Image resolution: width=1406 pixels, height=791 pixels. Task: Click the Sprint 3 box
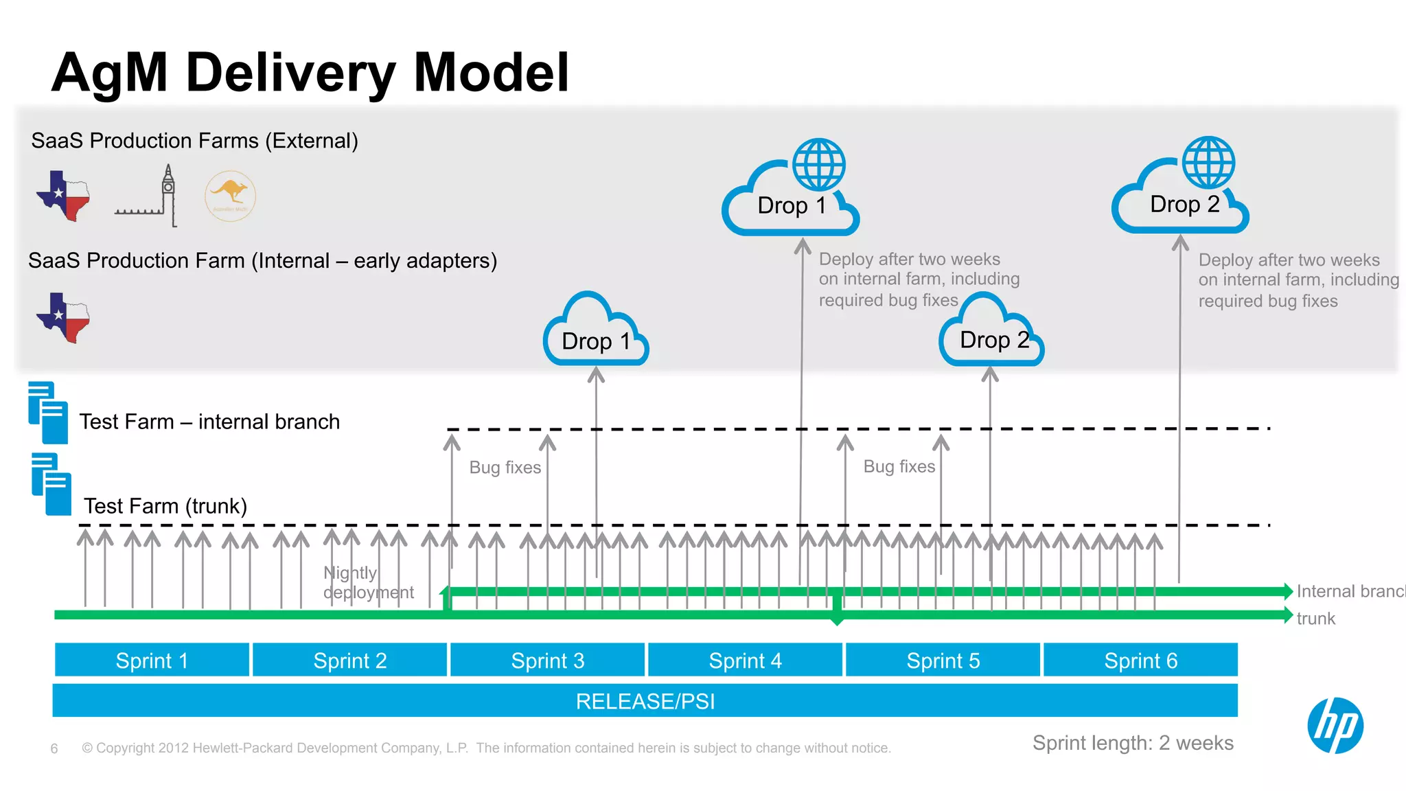[547, 660]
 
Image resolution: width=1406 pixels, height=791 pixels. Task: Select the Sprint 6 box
[1140, 660]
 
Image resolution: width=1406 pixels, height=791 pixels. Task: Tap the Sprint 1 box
[152, 660]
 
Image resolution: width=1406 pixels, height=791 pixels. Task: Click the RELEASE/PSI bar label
[645, 701]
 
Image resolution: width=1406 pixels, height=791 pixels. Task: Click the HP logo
[1335, 725]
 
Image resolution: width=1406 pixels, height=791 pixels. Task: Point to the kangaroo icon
[230, 195]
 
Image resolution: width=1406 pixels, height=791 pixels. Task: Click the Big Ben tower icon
[168, 195]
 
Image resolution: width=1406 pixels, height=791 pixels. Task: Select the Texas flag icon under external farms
[63, 195]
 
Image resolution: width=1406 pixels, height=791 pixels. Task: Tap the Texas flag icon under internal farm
[63, 317]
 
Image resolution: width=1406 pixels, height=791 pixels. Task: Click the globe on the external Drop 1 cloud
[818, 164]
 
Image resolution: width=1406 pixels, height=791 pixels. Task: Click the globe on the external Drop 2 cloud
[1208, 162]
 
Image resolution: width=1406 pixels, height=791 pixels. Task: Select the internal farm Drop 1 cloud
[595, 333]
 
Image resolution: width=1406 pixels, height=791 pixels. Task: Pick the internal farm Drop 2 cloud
[991, 333]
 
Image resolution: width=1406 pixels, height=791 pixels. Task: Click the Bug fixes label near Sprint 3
[505, 468]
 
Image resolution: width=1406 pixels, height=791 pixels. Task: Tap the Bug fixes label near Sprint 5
[899, 467]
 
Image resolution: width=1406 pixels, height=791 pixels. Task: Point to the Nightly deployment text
[367, 582]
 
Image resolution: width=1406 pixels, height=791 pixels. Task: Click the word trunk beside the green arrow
[1315, 619]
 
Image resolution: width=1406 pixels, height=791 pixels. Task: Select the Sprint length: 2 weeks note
[1133, 743]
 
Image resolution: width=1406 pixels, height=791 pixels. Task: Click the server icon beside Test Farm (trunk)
[51, 484]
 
